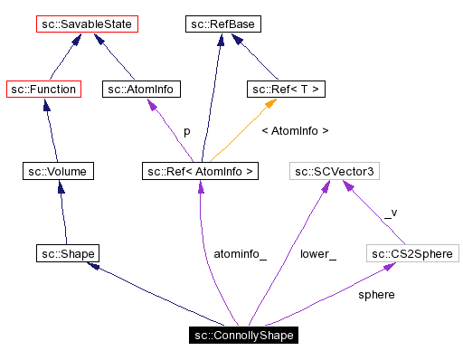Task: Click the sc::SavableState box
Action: click(x=87, y=23)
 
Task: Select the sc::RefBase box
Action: click(x=224, y=23)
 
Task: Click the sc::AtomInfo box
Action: click(x=142, y=89)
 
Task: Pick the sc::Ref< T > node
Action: click(x=286, y=89)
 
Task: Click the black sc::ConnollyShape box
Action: click(x=244, y=335)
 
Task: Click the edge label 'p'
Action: click(x=186, y=131)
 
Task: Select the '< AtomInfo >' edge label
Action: click(x=294, y=131)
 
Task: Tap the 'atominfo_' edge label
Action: click(x=240, y=254)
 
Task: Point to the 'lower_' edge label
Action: click(x=317, y=254)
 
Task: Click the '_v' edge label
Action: click(x=390, y=213)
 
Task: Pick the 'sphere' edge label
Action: click(x=376, y=295)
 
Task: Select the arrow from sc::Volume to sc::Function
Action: click(x=49, y=129)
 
